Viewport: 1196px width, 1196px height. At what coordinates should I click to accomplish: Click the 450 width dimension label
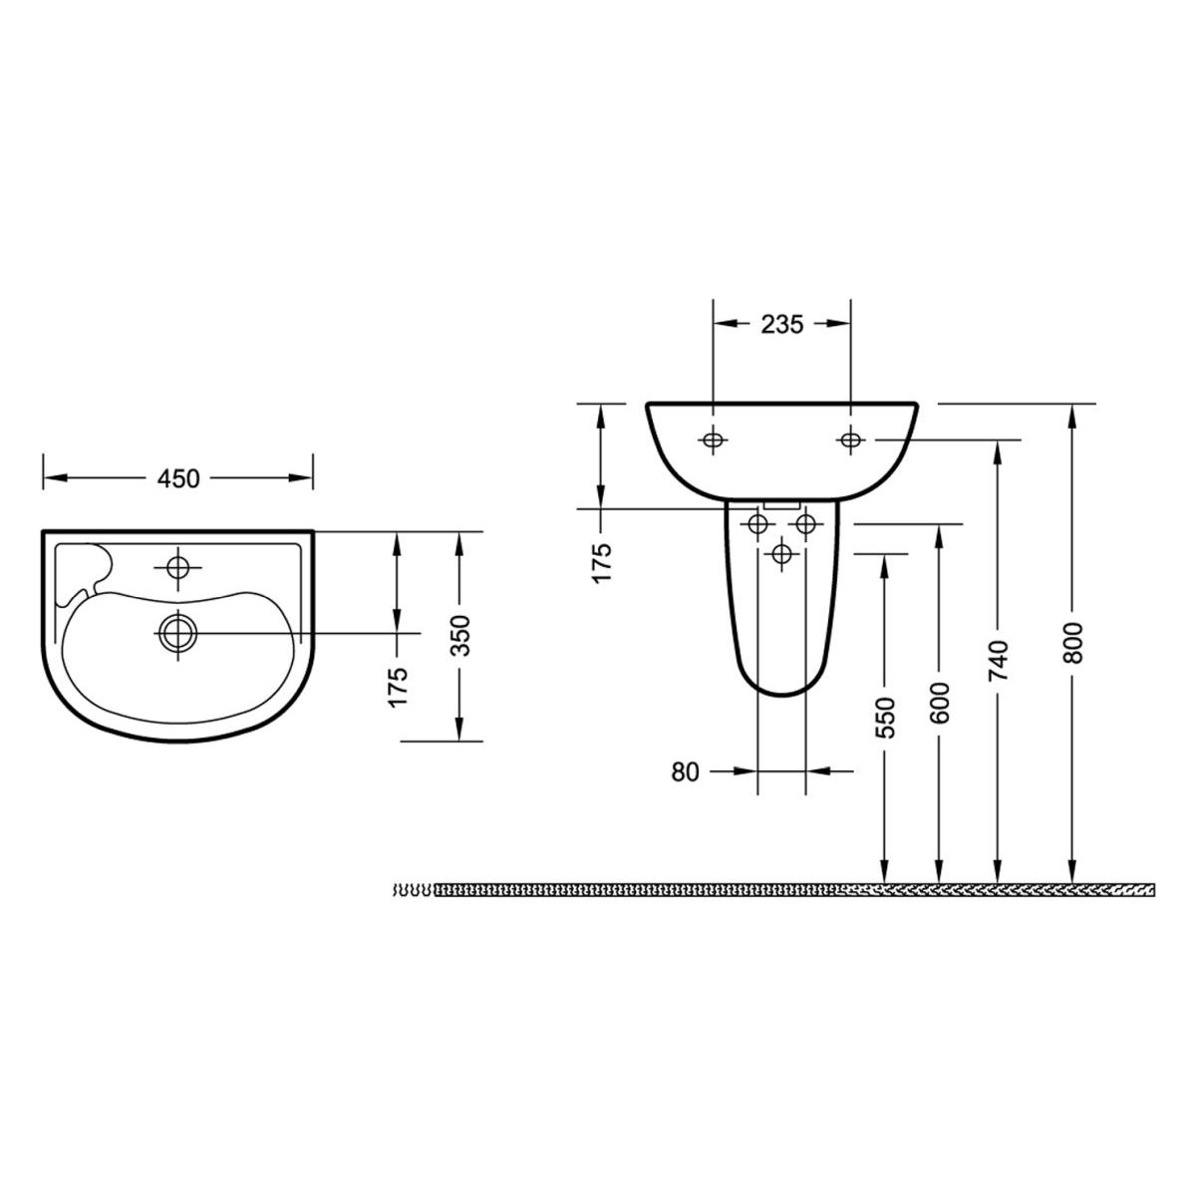tap(178, 478)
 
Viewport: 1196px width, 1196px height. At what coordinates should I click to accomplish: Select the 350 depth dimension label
tap(460, 635)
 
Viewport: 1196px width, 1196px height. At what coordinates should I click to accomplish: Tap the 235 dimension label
tap(782, 324)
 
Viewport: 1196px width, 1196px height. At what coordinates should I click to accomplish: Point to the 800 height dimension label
tap(1072, 643)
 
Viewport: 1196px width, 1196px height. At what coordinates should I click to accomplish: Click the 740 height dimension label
tap(999, 660)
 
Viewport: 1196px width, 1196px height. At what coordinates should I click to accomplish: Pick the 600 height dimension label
tap(940, 703)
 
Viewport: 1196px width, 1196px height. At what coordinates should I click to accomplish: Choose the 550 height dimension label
tap(885, 718)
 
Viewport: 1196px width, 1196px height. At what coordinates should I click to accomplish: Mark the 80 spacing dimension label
tap(685, 771)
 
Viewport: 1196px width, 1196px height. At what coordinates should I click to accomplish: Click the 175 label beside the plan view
tap(398, 687)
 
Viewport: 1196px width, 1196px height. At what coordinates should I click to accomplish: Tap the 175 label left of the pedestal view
tap(602, 562)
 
